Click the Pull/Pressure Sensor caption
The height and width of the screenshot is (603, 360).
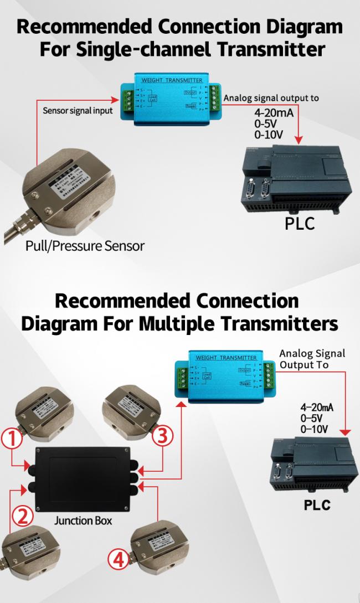coord(85,245)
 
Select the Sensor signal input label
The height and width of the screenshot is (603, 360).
coord(78,110)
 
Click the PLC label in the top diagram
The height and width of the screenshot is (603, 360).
coord(300,224)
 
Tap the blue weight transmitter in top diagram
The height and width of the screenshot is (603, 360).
coord(171,98)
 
